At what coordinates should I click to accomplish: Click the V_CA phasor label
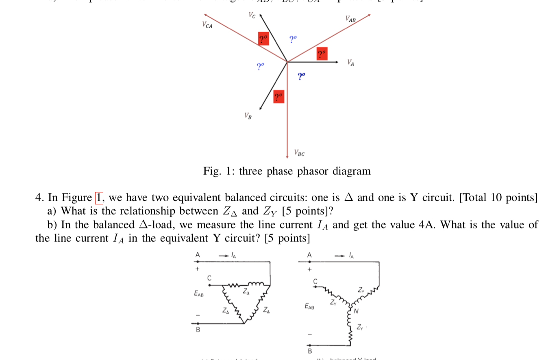coord(207,25)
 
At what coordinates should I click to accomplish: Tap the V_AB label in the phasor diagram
coord(350,19)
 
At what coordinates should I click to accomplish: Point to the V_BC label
coord(299,153)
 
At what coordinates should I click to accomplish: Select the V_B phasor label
coord(248,116)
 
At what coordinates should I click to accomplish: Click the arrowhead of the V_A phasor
coord(337,62)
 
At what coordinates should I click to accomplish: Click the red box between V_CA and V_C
coord(263,39)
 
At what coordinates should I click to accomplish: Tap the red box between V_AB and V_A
coord(322,54)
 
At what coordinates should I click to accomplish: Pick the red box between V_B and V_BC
coord(278,96)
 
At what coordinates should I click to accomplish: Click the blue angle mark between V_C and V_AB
coord(293,39)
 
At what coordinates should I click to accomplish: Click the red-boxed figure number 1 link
coord(99,198)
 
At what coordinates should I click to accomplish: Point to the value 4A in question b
coord(426,225)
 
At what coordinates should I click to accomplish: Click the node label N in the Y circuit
coord(356,312)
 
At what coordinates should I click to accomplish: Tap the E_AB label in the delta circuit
coord(199,293)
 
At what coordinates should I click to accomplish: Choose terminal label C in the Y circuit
coord(315,281)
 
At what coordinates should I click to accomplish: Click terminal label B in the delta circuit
coord(198,330)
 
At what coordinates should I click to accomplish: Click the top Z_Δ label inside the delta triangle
coord(246,292)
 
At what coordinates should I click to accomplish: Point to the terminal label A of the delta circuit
coord(198,255)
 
